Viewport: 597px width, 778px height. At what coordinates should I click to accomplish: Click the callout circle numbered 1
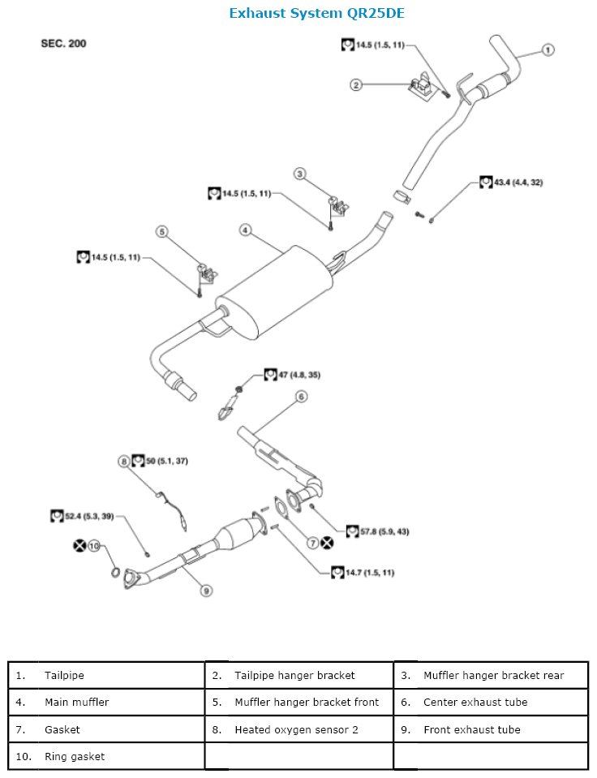(x=548, y=50)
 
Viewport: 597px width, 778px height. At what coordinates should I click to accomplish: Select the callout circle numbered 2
(x=355, y=84)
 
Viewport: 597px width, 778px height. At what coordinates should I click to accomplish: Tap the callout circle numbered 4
(x=244, y=230)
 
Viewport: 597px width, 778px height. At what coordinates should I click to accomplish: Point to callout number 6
(x=301, y=397)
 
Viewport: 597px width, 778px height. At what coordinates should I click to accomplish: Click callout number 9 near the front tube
(x=207, y=591)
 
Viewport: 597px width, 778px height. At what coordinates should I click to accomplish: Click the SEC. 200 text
(x=63, y=43)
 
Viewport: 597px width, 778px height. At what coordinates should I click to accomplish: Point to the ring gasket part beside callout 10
(x=115, y=576)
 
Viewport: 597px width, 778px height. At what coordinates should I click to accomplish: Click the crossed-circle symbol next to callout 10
(x=79, y=546)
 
